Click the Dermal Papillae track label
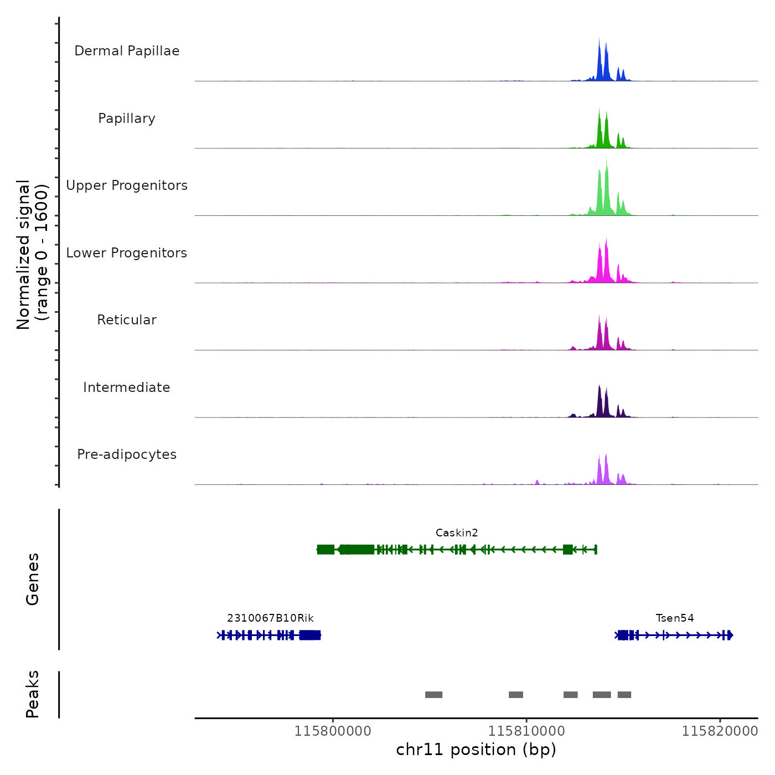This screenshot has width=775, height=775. coord(127,51)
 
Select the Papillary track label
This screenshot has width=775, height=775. coord(127,118)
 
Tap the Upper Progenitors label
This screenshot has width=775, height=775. coord(127,185)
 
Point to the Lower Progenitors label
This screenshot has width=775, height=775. coord(127,253)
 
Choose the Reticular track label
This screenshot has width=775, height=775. coord(127,320)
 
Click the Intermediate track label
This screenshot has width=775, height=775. coord(127,387)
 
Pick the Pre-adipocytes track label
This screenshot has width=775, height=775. coord(127,454)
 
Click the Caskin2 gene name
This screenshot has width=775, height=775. coord(457,533)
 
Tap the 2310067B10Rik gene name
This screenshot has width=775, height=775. coord(270,618)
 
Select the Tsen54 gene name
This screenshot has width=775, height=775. coord(675,618)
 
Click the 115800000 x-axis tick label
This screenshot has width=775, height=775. coord(333,731)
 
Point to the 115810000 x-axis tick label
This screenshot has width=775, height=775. coord(526,731)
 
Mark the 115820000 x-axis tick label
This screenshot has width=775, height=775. coord(720,731)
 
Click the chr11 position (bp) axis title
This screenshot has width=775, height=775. coord(476,750)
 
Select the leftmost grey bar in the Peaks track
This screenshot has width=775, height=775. coord(433,695)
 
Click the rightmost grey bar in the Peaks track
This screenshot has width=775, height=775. coord(624,695)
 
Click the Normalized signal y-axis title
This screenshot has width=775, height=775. coord(33,254)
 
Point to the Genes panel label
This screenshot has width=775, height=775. coord(33,579)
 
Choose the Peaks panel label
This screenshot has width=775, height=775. coord(33,694)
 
